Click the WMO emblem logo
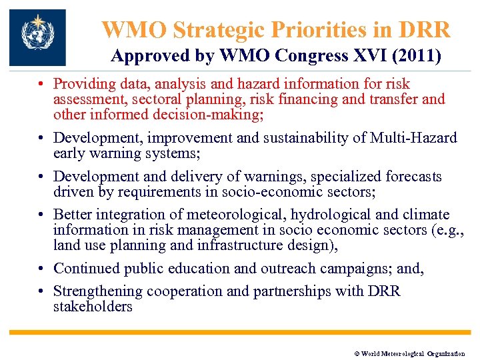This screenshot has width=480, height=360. tap(37, 37)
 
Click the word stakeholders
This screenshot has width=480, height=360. tap(93, 307)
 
